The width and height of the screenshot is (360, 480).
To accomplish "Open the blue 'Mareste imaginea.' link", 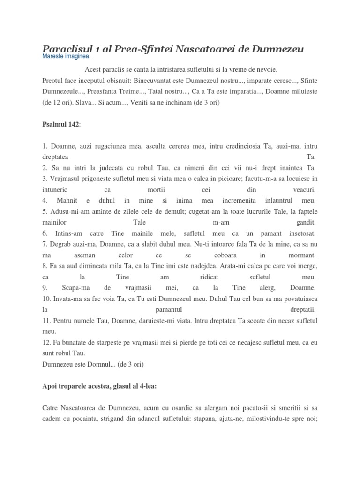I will click(x=66, y=57).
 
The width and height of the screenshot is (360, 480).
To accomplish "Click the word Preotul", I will click(x=53, y=80).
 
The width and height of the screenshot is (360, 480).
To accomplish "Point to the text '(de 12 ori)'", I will click(x=57, y=102).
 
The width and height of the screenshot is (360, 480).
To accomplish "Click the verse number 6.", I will click(x=45, y=233).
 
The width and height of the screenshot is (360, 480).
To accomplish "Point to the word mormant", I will click(x=302, y=255).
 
